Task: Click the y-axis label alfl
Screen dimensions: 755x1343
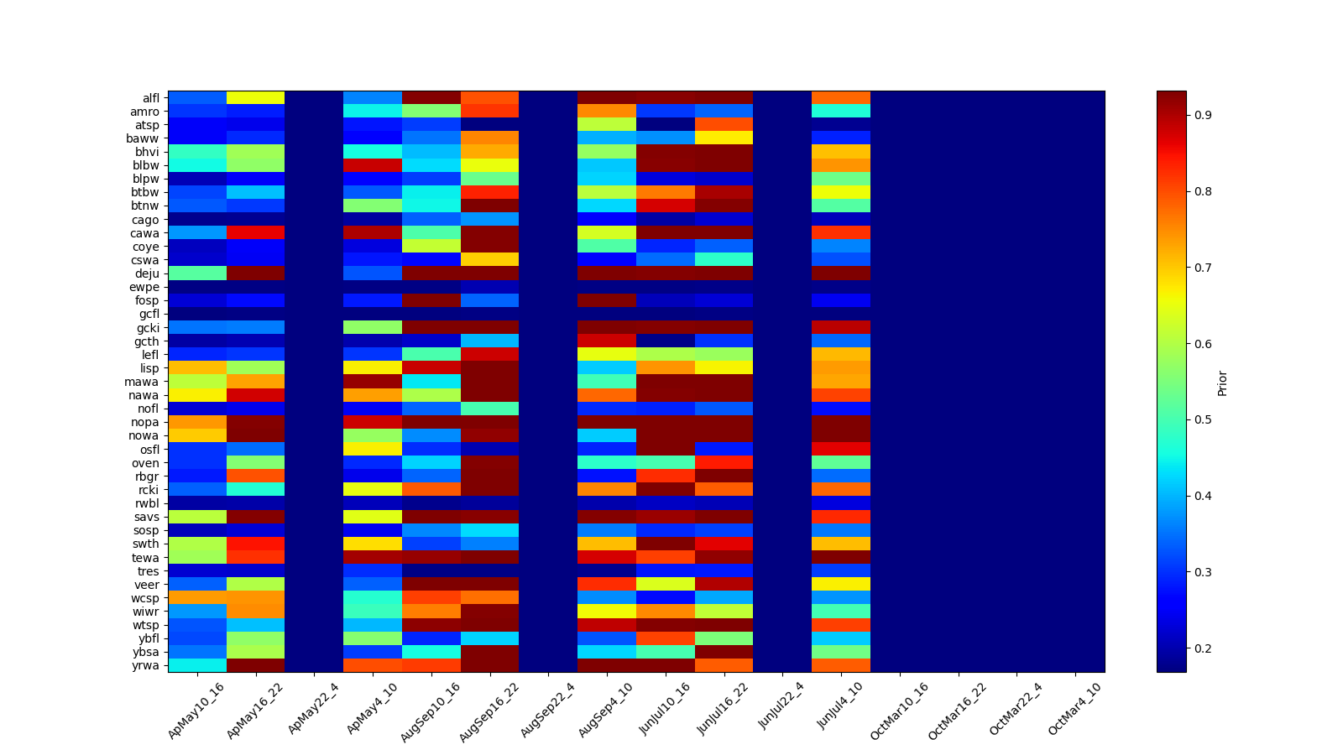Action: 149,98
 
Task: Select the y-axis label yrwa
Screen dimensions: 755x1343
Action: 147,666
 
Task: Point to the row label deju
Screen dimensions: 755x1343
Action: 148,273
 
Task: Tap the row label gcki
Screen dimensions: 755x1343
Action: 148,328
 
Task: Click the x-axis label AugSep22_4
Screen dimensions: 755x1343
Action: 547,710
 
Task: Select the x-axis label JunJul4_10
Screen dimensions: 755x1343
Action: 840,710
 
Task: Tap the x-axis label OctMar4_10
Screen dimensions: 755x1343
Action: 1074,710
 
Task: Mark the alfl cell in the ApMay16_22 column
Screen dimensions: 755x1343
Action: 255,98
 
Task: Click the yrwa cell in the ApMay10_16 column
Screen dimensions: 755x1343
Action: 197,666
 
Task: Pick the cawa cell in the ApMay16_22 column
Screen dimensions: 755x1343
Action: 255,233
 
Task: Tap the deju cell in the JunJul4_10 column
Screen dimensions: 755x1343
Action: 841,273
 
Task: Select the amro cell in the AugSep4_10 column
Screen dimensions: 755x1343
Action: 606,112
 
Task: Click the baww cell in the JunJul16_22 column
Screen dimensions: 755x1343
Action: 724,138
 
